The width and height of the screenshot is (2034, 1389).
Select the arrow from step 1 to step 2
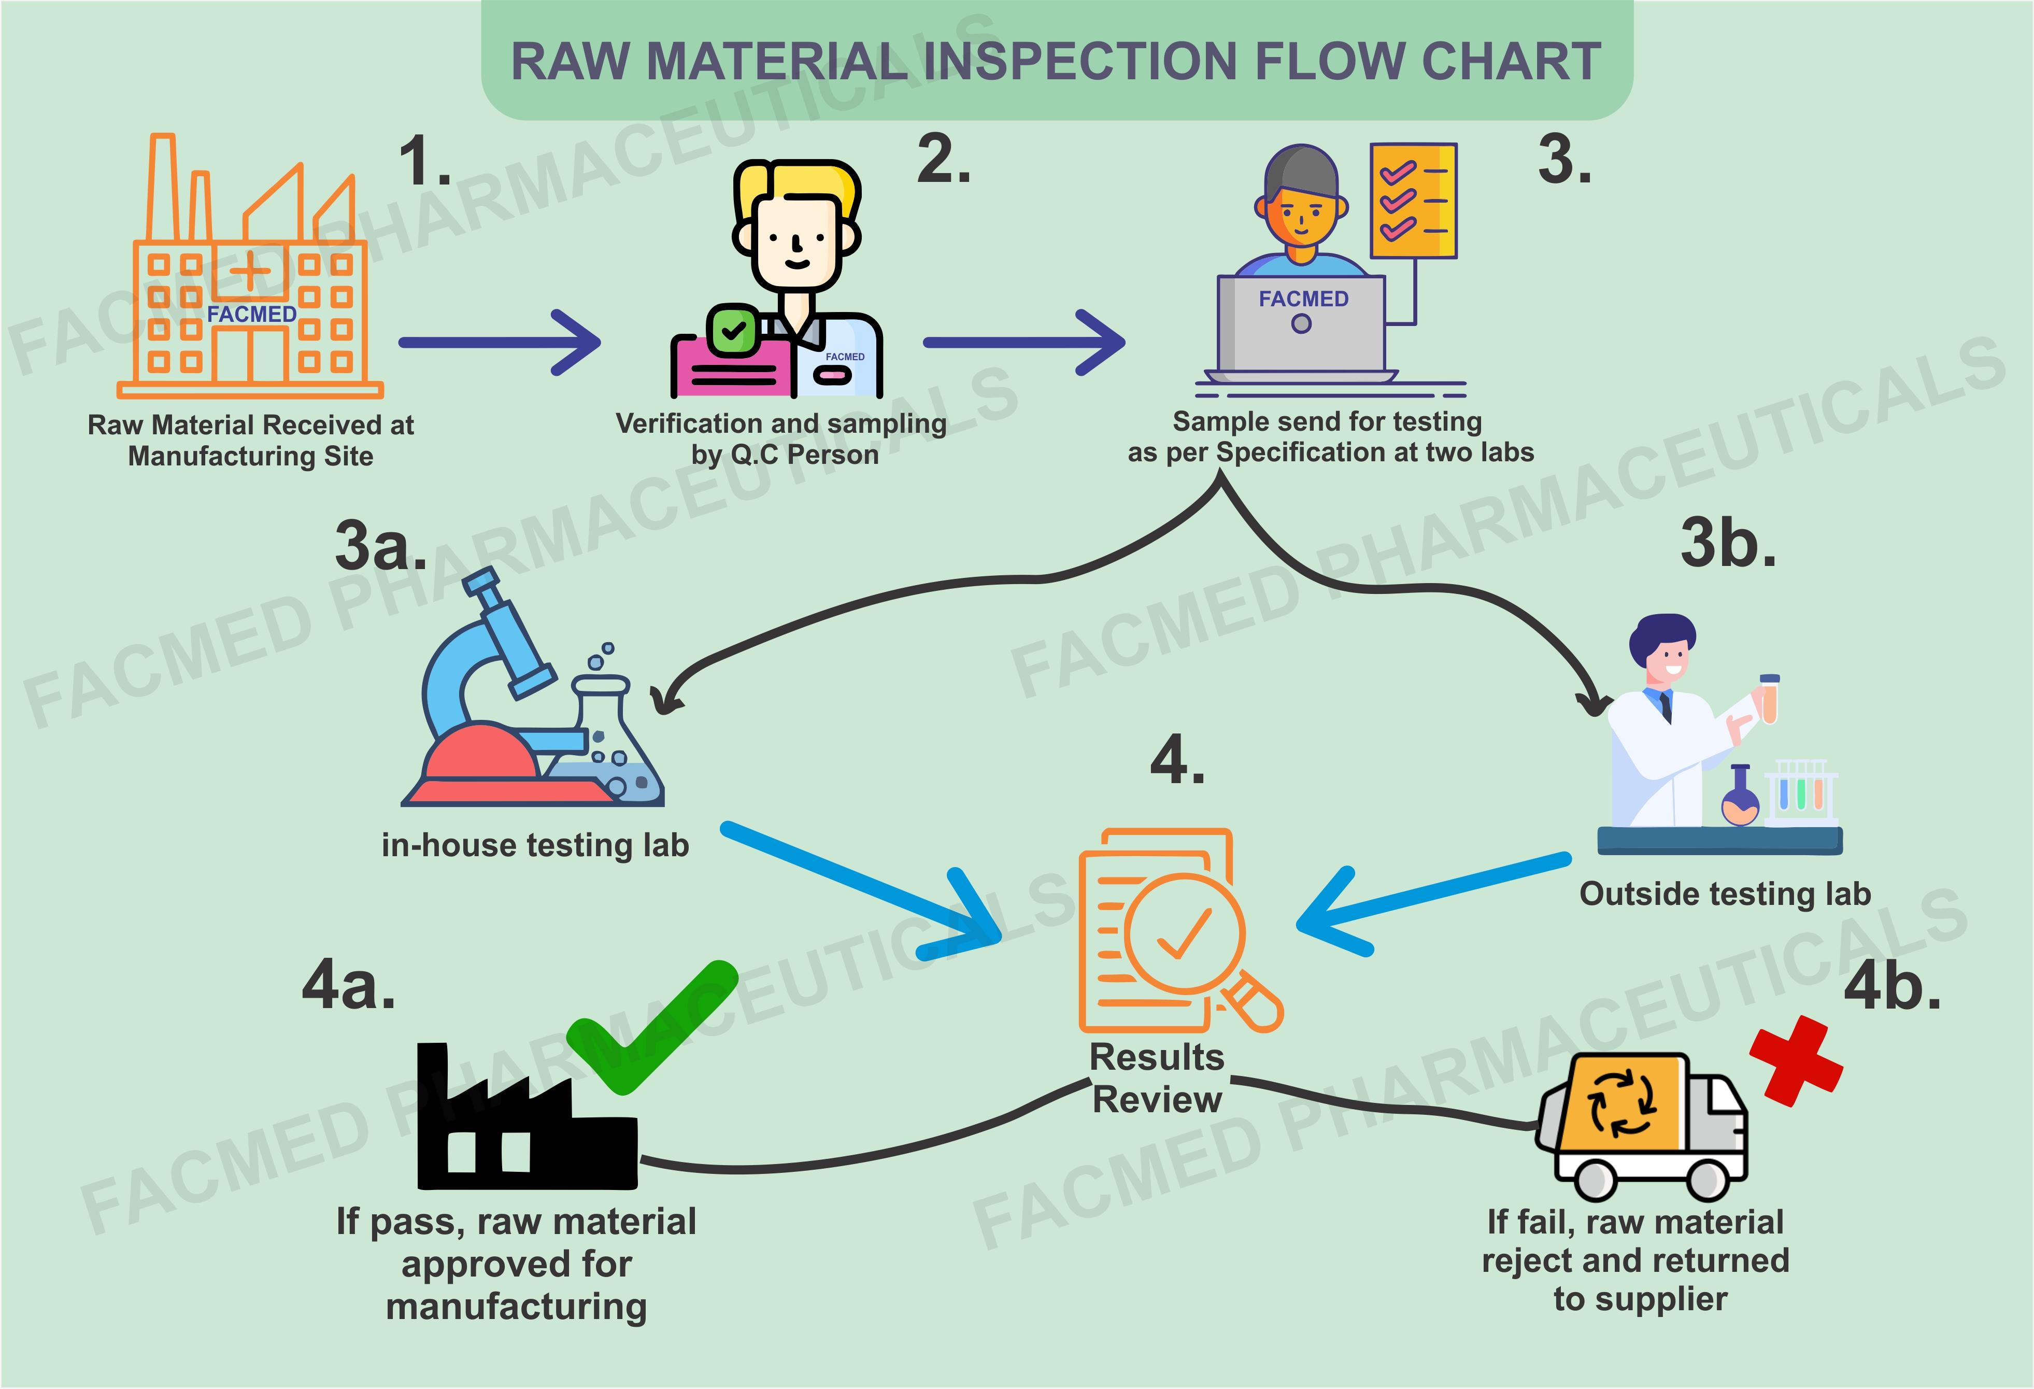click(x=499, y=342)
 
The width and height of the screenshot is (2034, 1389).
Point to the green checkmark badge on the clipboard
click(x=733, y=331)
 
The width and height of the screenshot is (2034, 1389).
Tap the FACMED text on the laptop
click(x=1303, y=300)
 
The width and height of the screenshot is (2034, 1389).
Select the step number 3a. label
click(x=381, y=545)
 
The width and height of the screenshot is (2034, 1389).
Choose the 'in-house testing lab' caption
click(x=535, y=845)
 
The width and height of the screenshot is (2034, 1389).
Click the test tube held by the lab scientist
click(x=1769, y=700)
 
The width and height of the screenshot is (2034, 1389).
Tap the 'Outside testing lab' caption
click(x=1724, y=894)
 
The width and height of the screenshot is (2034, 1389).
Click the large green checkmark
click(x=652, y=1028)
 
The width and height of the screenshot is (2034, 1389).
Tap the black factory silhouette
click(x=525, y=1129)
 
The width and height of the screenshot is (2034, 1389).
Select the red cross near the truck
click(x=1796, y=1061)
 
